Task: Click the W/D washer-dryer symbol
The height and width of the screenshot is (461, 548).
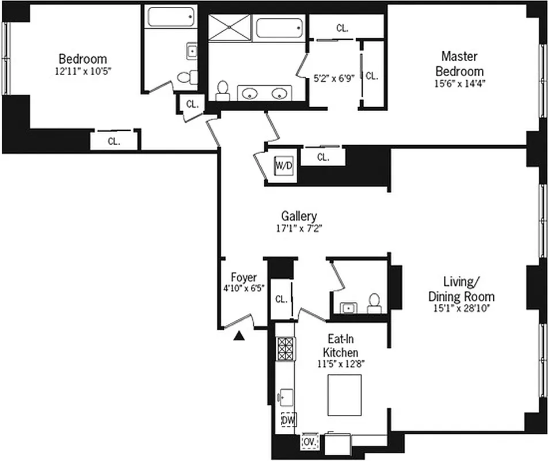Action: (283, 165)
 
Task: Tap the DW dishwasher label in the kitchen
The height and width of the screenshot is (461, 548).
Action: (287, 421)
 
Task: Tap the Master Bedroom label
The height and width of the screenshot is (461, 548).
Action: (459, 63)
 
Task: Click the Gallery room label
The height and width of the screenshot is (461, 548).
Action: (299, 216)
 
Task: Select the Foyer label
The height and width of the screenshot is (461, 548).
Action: (243, 277)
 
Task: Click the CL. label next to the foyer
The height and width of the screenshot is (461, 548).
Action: (281, 299)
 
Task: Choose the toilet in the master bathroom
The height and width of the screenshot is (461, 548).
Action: (222, 90)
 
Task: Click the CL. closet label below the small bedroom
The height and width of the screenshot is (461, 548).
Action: (114, 141)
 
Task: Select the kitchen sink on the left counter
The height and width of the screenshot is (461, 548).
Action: (286, 397)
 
